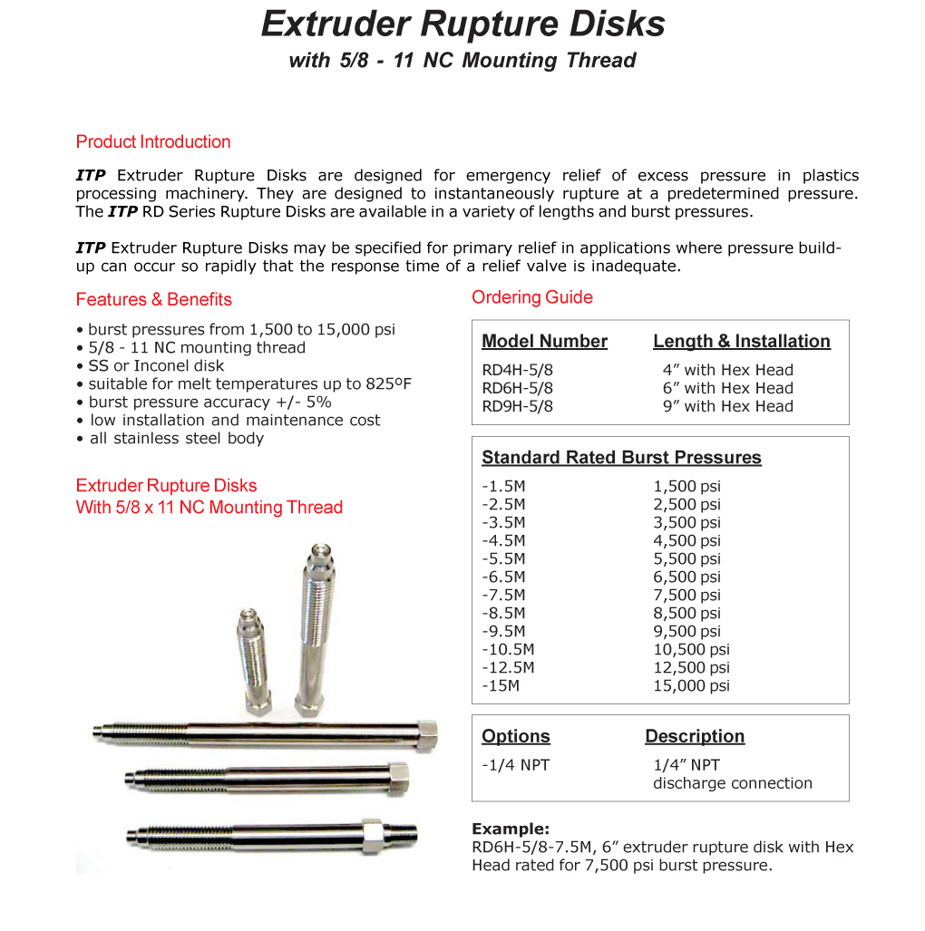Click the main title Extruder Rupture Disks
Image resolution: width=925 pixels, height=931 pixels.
[462, 24]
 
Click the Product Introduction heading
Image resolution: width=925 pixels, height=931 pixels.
[153, 142]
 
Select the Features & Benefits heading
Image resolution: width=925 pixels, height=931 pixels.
[154, 300]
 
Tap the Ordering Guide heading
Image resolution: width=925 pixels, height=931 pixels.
[532, 298]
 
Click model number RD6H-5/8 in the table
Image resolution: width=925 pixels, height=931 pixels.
[517, 389]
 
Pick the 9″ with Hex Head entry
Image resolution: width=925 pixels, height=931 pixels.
[727, 407]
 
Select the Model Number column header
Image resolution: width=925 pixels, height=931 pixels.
[544, 342]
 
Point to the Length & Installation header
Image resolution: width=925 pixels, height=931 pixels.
[741, 342]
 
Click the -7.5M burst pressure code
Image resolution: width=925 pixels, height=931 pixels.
[503, 596]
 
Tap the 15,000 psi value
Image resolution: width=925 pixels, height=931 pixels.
[691, 686]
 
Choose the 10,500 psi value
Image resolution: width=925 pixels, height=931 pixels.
[691, 650]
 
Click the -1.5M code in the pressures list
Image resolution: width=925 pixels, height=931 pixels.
[503, 487]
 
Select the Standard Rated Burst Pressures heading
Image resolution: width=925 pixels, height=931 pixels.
[621, 458]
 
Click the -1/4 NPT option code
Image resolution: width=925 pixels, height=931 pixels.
[515, 765]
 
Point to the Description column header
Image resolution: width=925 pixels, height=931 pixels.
[695, 736]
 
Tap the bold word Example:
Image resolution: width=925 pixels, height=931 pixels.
[511, 829]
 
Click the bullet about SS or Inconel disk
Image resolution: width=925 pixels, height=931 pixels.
[156, 366]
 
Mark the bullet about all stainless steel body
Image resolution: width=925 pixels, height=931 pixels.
[176, 439]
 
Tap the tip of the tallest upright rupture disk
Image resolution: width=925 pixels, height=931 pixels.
[318, 550]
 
